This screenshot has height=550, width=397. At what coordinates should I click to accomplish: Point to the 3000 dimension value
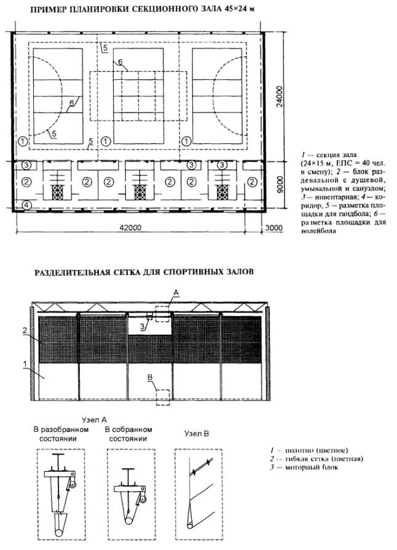pos(273,228)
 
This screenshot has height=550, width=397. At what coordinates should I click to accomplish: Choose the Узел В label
pos(198,434)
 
